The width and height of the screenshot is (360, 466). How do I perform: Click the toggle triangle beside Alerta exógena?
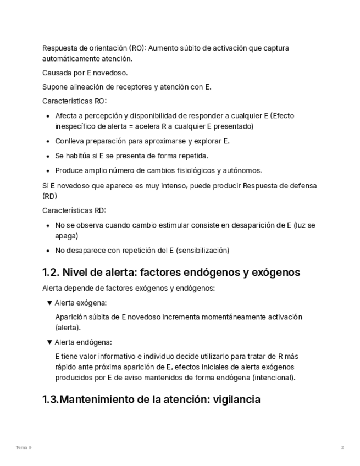(x=49, y=303)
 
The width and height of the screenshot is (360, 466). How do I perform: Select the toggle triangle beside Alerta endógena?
(x=49, y=342)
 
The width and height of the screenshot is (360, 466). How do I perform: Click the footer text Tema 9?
(x=24, y=448)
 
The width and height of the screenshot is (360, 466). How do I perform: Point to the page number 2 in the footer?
(x=342, y=448)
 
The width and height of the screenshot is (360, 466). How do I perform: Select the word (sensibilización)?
(x=202, y=251)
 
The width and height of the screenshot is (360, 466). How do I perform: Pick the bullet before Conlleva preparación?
(x=48, y=141)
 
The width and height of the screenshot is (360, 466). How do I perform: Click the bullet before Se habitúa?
(x=48, y=156)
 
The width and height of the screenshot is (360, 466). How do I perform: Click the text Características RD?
(x=74, y=210)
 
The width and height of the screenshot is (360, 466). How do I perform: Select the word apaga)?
(x=67, y=236)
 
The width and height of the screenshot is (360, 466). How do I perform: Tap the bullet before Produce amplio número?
(x=48, y=170)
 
